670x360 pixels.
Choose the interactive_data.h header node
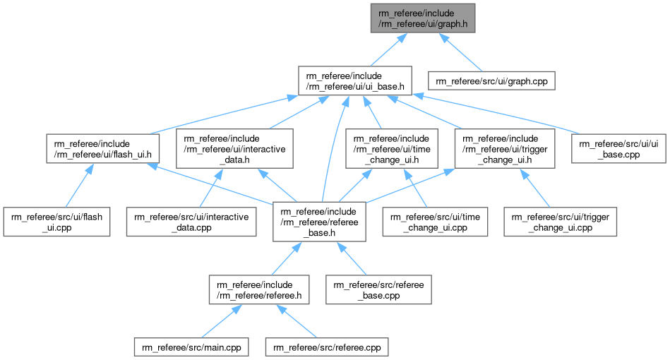234,148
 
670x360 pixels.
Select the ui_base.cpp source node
618,148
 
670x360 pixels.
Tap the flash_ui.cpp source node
56,221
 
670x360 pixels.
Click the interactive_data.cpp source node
191,221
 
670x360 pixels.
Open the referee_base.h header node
322,221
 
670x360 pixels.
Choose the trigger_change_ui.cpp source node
561,221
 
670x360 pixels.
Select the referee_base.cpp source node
377,288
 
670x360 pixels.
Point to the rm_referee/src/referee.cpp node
326,347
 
